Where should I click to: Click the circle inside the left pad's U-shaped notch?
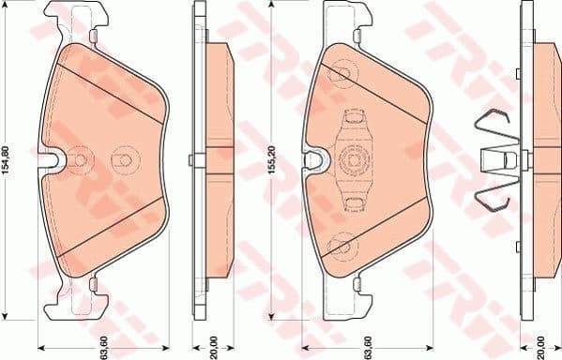click(80, 160)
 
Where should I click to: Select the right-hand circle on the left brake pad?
click(121, 160)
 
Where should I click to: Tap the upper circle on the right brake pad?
click(342, 69)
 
